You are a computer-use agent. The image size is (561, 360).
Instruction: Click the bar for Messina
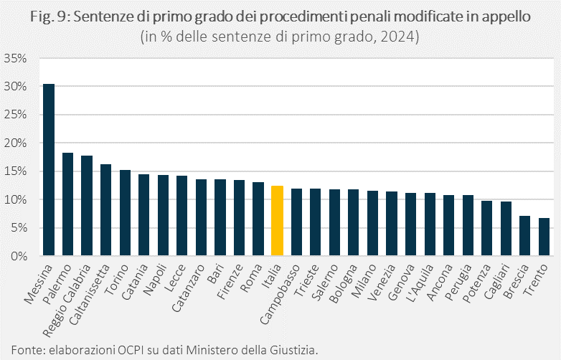[x=49, y=170]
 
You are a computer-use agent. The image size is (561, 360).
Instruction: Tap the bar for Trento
[x=544, y=237]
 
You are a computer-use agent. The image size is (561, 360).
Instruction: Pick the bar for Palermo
[x=68, y=204]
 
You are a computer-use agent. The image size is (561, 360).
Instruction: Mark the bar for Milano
[x=373, y=223]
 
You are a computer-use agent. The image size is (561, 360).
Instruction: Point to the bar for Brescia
[x=525, y=236]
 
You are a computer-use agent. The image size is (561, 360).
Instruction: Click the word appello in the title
[x=506, y=18]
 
